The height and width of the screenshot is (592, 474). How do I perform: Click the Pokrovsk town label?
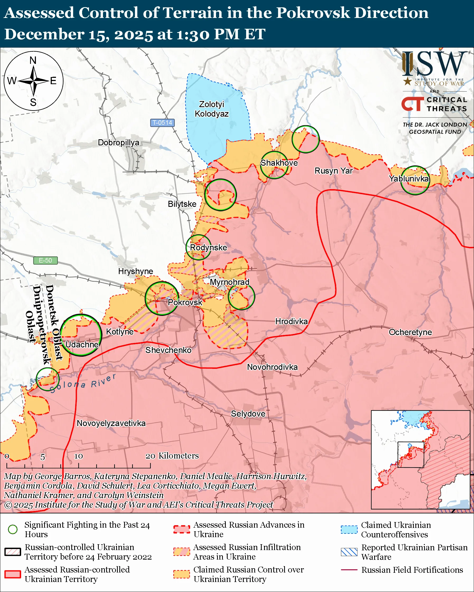click(185, 302)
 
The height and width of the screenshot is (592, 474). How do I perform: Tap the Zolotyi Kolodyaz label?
click(212, 109)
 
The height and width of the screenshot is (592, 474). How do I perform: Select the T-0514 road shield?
click(162, 123)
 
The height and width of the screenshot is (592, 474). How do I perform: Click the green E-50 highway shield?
click(45, 260)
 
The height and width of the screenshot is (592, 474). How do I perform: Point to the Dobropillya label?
click(118, 142)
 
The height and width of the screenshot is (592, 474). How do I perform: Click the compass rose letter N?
click(33, 60)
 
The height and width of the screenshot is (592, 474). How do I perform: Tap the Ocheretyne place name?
click(410, 332)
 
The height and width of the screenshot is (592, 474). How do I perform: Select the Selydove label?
click(248, 414)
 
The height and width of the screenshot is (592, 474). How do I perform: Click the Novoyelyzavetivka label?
click(111, 423)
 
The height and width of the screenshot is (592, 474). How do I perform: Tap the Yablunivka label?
click(409, 179)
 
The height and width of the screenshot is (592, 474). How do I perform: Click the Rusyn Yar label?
click(333, 170)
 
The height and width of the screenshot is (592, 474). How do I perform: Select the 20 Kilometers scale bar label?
click(172, 456)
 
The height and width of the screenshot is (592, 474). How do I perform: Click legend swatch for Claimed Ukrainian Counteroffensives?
click(349, 530)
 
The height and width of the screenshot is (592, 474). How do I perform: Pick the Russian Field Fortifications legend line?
click(349, 570)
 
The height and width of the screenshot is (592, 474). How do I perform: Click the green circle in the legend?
click(13, 529)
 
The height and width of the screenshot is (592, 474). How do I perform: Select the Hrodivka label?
click(291, 321)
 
